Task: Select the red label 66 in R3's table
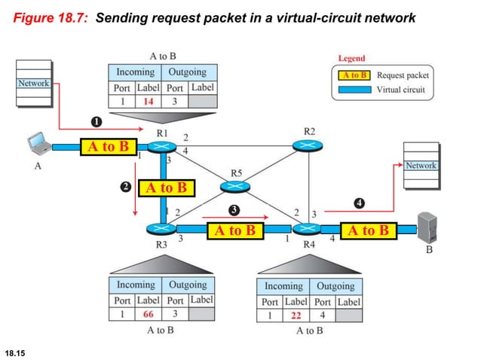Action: tap(149, 314)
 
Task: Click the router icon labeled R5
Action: tap(236, 185)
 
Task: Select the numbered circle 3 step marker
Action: tap(235, 209)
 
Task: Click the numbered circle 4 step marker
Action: tap(360, 203)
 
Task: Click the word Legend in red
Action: tap(351, 58)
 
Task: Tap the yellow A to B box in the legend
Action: tap(354, 75)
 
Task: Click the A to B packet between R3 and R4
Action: tap(235, 230)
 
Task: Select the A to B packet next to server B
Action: tap(368, 230)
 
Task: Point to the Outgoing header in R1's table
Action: tap(187, 72)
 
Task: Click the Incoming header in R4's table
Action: tap(283, 286)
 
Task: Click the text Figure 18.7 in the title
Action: tap(51, 17)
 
